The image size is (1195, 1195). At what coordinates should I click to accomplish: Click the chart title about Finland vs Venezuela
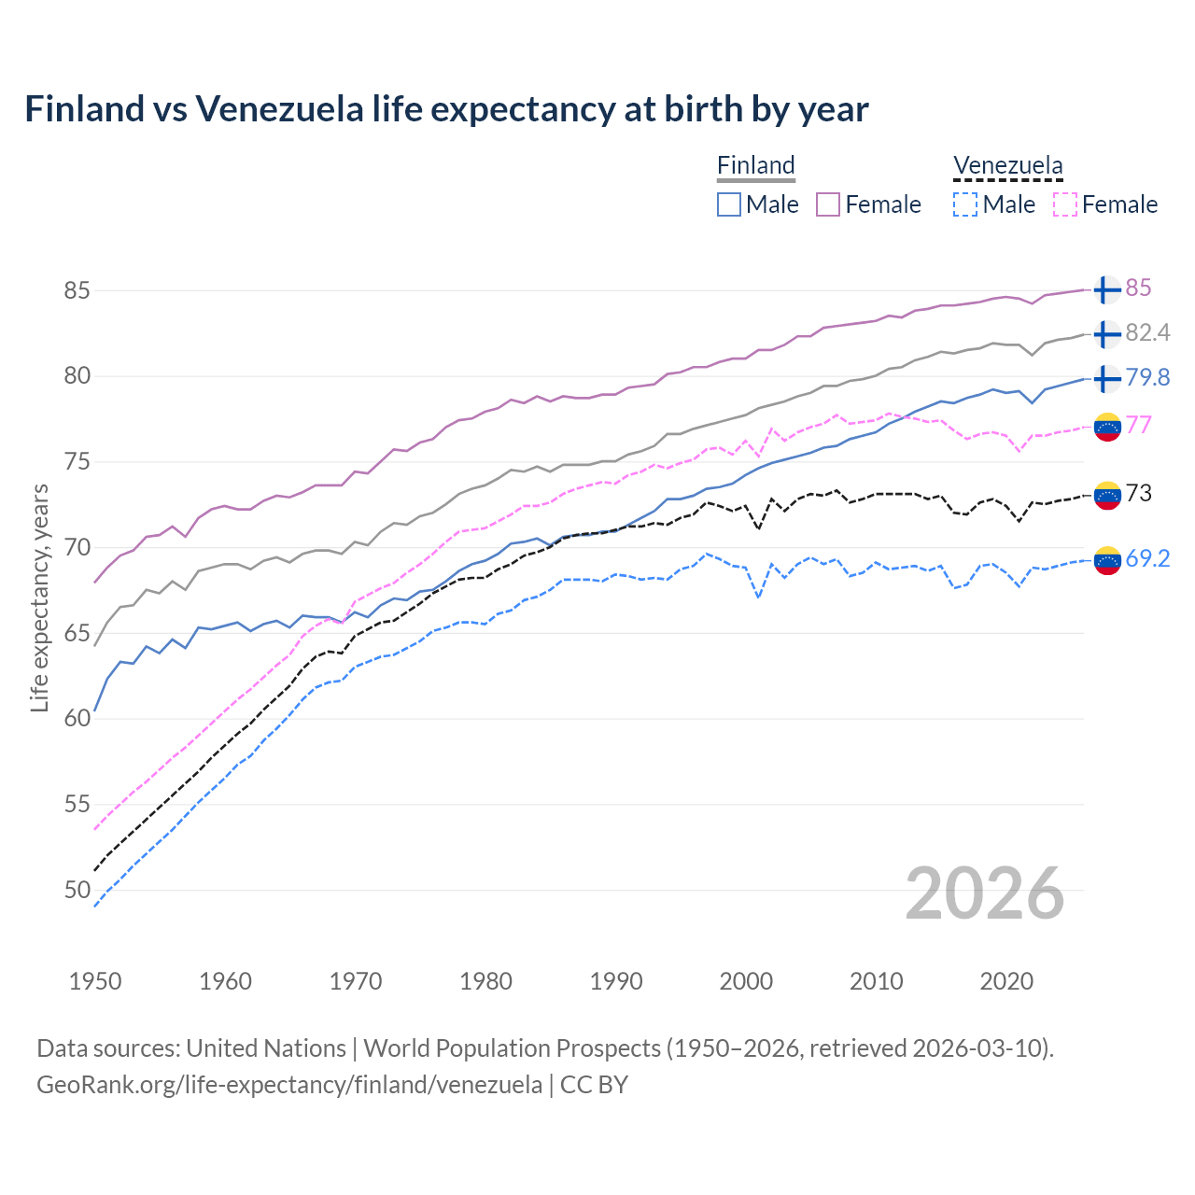[446, 109]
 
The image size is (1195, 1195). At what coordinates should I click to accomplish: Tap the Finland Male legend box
[729, 204]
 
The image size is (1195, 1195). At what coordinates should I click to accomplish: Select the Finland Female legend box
[828, 204]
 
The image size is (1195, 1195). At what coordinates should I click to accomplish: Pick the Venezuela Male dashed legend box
[965, 204]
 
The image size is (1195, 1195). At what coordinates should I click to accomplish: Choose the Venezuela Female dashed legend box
[1064, 204]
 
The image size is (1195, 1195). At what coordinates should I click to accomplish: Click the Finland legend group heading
[755, 166]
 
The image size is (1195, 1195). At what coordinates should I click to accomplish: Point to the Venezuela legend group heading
[1007, 166]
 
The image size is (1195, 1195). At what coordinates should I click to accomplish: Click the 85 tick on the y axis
[77, 290]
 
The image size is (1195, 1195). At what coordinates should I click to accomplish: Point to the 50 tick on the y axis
[77, 890]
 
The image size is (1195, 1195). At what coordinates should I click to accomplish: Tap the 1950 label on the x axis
[95, 981]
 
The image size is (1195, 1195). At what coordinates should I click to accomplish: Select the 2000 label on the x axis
[746, 981]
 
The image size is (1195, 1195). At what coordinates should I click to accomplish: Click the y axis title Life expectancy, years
[39, 597]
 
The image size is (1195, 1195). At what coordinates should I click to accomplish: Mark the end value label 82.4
[1147, 333]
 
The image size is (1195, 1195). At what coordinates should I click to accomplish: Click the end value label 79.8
[1147, 377]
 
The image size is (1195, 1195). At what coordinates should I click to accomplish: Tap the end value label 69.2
[1147, 558]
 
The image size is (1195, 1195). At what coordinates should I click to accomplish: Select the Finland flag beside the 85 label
[1106, 289]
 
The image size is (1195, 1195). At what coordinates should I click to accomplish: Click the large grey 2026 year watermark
[984, 893]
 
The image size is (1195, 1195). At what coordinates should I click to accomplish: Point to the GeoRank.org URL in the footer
[289, 1085]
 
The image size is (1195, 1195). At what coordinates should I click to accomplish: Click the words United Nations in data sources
[266, 1048]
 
